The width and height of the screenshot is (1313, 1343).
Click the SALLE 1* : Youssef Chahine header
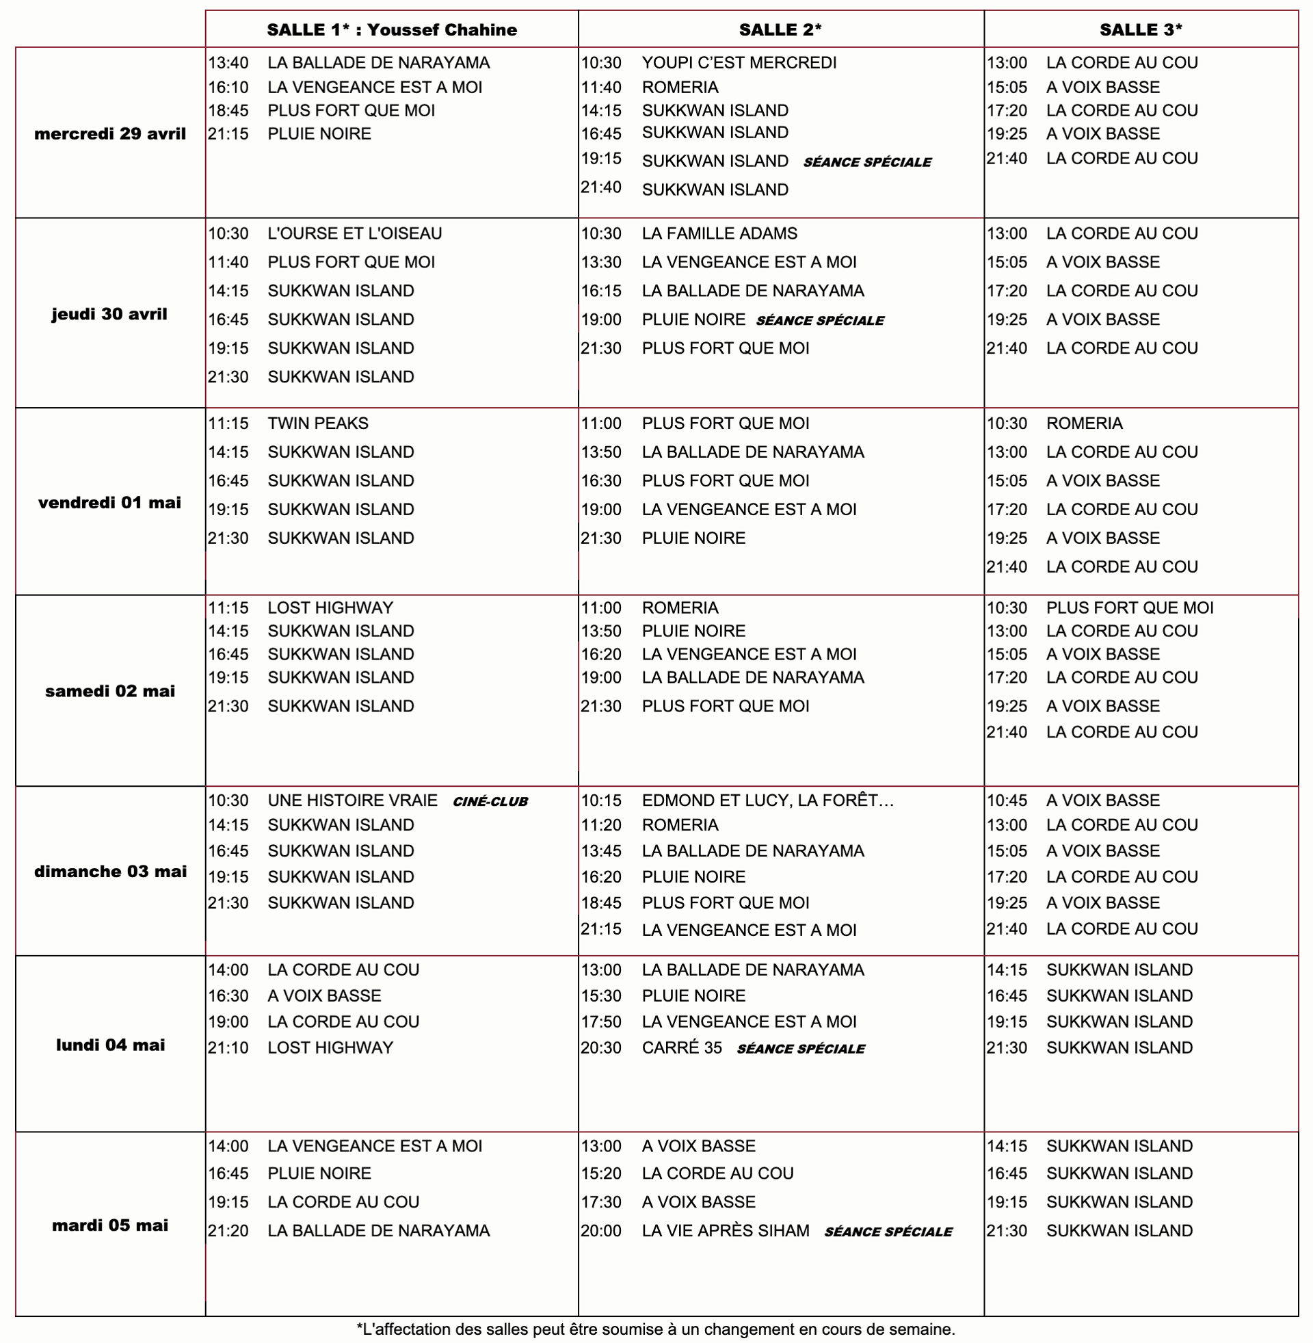click(x=391, y=29)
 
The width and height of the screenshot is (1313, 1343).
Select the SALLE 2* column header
click(x=780, y=29)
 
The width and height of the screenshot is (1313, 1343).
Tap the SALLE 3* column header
click(x=1141, y=29)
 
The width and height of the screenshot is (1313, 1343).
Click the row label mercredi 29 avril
click(x=110, y=134)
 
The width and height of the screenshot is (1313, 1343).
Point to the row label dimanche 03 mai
click(x=110, y=871)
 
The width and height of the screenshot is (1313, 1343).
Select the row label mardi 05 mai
click(x=110, y=1225)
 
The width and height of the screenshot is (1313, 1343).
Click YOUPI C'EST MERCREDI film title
click(x=739, y=63)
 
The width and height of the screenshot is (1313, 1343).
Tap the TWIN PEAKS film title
click(x=318, y=423)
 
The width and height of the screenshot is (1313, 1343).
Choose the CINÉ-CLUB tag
click(x=490, y=802)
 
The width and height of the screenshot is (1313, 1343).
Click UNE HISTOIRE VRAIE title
click(x=352, y=800)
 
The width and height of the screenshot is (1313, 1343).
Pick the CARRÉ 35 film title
click(x=681, y=1047)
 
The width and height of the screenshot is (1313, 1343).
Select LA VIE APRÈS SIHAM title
click(x=726, y=1231)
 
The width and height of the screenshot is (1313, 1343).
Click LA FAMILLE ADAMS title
click(x=719, y=234)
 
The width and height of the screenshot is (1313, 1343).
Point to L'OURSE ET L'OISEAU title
click(x=354, y=234)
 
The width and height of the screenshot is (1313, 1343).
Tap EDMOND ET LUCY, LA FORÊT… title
click(x=767, y=800)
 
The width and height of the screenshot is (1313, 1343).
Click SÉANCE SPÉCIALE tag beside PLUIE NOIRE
click(x=820, y=321)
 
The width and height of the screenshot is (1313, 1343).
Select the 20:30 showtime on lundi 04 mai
click(x=600, y=1047)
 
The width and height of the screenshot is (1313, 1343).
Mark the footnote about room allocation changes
click(x=656, y=1329)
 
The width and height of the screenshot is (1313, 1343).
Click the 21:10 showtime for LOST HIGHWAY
click(x=228, y=1047)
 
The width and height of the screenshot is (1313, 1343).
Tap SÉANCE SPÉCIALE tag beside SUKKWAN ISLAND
click(x=867, y=163)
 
